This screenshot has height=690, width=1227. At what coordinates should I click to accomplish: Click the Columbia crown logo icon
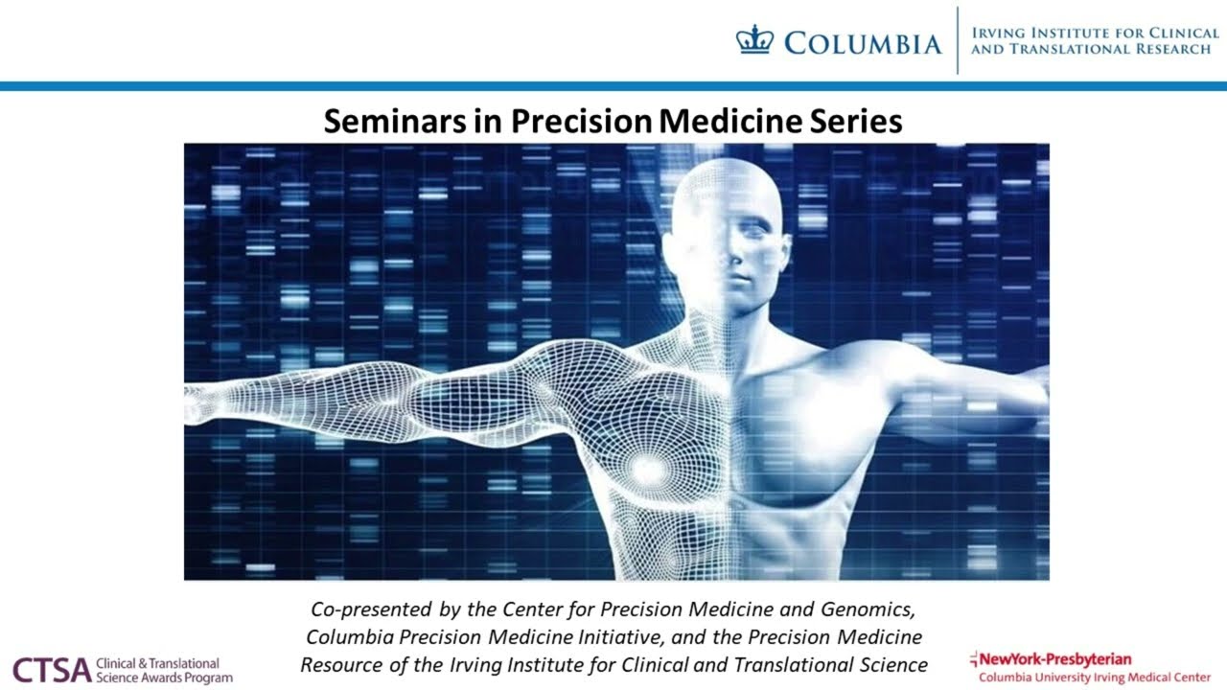754,41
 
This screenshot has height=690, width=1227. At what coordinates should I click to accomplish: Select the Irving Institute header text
1094,40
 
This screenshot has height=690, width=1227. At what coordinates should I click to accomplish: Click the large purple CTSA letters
52,670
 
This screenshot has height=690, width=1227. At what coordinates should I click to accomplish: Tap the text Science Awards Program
164,678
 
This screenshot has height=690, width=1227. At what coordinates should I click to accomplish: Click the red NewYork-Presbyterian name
1053,658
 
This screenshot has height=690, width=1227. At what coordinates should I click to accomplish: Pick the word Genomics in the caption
874,609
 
